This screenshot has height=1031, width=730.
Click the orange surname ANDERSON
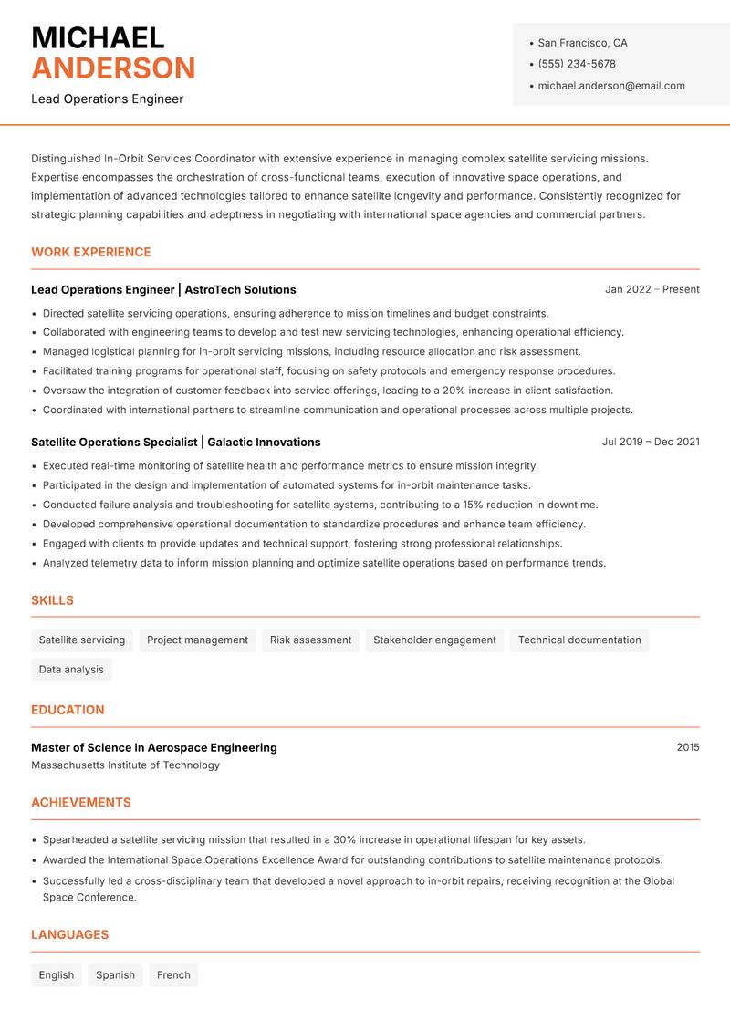coord(113,68)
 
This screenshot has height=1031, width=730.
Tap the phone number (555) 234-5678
coord(576,64)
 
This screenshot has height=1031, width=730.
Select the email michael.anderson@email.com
coord(610,86)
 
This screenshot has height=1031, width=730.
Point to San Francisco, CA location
coord(582,43)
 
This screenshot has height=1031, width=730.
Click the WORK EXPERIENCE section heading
coord(91,252)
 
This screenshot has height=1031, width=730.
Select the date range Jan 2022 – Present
coord(652,289)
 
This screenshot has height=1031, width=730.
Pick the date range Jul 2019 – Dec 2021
coord(651,442)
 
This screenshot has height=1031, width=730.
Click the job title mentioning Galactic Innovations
coord(175,442)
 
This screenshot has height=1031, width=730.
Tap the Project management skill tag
coord(197,640)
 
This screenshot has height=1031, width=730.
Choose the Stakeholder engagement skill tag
coord(434,640)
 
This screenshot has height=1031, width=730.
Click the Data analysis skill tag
coord(71,669)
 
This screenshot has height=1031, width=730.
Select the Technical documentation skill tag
coord(579,640)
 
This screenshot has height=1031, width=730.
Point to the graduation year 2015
coord(687,747)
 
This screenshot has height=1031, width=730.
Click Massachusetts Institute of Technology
coord(125,765)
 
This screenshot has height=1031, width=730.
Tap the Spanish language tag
coord(115,974)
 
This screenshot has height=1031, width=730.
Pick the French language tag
coord(173,974)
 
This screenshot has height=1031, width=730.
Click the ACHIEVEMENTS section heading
coord(81,803)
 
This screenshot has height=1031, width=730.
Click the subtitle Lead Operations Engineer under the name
coord(107,99)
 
